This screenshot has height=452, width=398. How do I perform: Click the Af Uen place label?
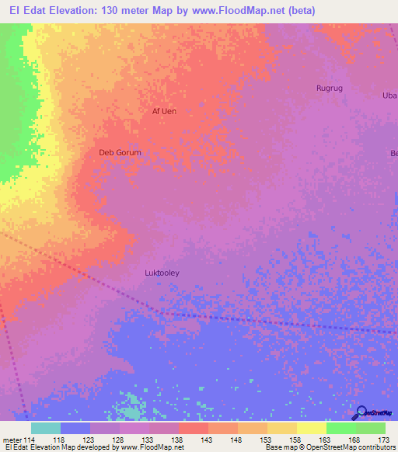coord(163,111)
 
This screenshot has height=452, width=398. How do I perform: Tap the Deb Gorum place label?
coord(120,153)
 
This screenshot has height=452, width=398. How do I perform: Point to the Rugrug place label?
coord(329,89)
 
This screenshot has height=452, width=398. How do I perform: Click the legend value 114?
coord(30,439)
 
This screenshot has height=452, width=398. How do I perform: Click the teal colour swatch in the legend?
coord(45,428)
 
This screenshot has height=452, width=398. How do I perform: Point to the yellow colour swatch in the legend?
coord(311,428)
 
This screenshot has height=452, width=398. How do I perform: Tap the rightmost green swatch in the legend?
coord(370,428)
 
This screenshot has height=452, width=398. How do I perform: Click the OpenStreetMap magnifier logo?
coord(362,412)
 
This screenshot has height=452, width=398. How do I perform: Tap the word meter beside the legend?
coord(12,439)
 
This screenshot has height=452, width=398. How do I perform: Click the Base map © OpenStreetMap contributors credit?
coord(330,447)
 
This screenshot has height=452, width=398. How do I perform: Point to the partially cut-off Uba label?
coord(390,96)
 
